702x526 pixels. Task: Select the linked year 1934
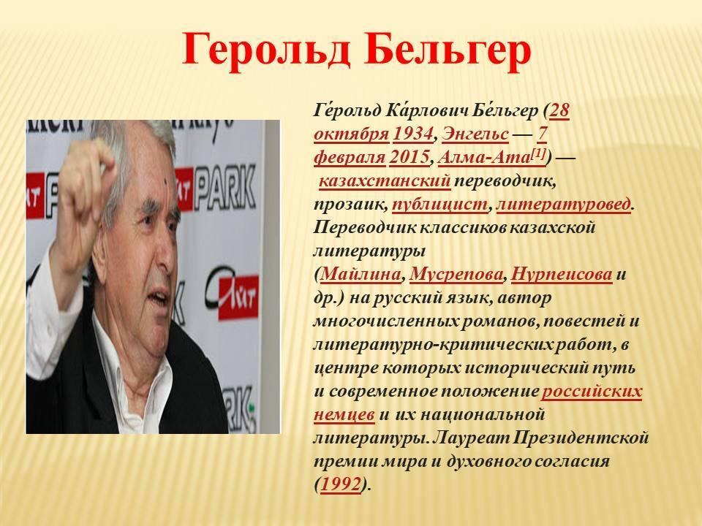tap(413, 134)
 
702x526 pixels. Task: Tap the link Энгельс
tap(475, 134)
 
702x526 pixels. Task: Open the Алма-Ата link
tap(484, 158)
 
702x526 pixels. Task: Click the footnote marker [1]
tap(537, 154)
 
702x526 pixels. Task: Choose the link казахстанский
tap(385, 180)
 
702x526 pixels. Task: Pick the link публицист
tap(439, 205)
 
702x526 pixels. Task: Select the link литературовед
tap(563, 205)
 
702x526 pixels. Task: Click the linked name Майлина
tap(361, 274)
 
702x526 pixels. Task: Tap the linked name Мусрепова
tap(456, 274)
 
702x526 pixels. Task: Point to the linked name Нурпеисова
tap(562, 274)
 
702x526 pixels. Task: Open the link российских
tap(592, 392)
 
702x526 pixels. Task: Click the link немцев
tap(344, 415)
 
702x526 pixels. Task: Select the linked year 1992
tap(341, 484)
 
